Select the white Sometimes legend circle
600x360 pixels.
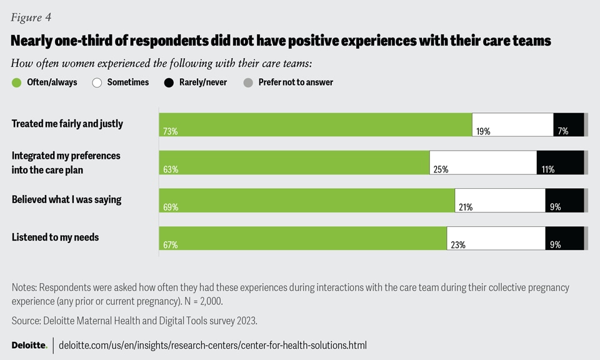[x=97, y=82]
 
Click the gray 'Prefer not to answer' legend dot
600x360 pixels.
[x=248, y=82]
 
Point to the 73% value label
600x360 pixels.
[x=171, y=131]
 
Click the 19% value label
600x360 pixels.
[x=483, y=131]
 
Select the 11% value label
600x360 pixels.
[x=548, y=169]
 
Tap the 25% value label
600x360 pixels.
[x=440, y=169]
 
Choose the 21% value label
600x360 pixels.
[x=466, y=207]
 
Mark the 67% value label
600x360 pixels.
[x=171, y=245]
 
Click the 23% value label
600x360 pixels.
[x=458, y=245]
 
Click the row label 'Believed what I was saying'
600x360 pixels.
[x=66, y=200]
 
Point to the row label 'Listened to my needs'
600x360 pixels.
[x=55, y=237]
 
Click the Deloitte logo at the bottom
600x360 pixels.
[x=29, y=345]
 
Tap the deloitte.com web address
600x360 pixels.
[x=212, y=345]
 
